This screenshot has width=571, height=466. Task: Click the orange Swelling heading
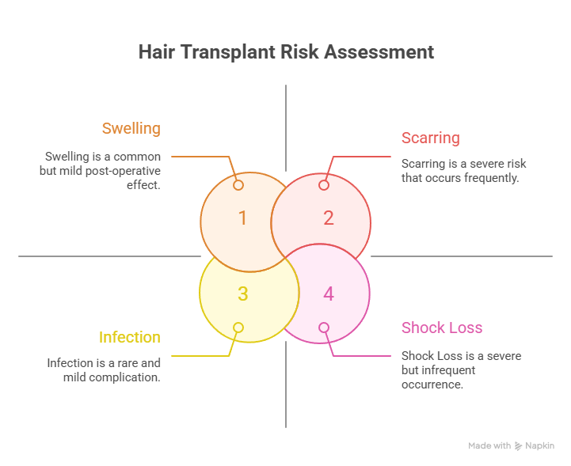point(131,128)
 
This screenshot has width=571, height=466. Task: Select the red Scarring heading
point(431,138)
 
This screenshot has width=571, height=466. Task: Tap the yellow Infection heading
point(130,337)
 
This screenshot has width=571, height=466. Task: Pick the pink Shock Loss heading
point(442,328)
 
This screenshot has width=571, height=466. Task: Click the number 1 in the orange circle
point(242,218)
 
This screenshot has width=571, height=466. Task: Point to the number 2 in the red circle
point(329,218)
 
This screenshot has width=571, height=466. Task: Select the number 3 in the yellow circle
point(243,294)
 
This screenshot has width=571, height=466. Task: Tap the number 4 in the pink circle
point(329,294)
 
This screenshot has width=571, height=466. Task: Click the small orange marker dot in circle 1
point(238,185)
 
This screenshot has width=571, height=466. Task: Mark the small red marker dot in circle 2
point(324,185)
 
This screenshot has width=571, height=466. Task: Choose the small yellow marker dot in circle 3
point(238,328)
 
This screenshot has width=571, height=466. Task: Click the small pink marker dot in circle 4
point(324,328)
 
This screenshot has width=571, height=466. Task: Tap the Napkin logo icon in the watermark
point(518,446)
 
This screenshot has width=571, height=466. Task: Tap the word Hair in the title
point(157,52)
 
